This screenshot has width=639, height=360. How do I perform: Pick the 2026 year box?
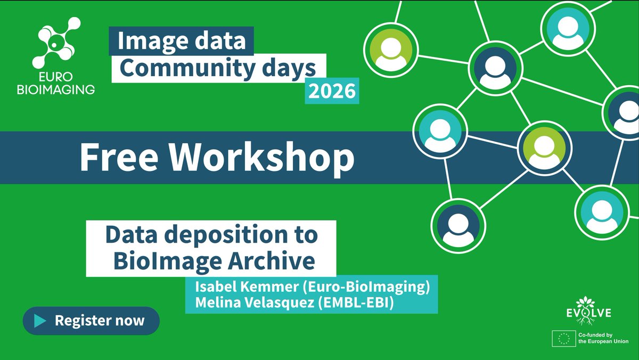332,92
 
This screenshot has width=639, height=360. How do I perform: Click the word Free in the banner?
120,158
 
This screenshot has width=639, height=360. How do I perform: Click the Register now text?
100,321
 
